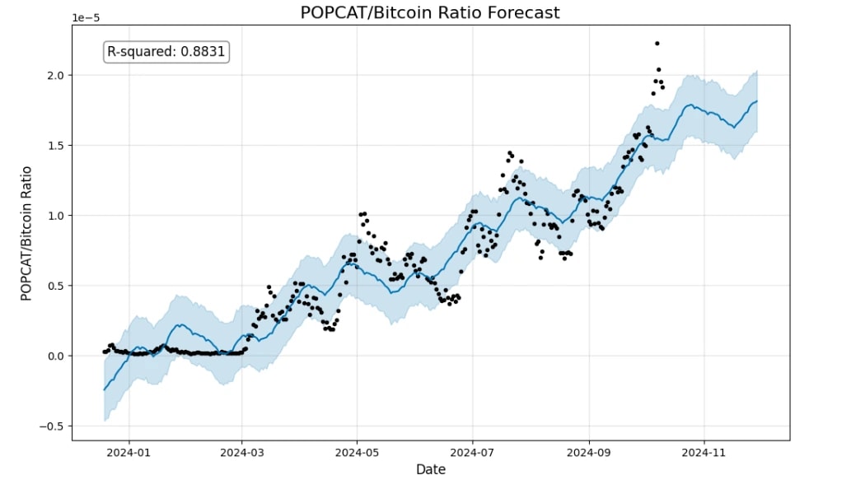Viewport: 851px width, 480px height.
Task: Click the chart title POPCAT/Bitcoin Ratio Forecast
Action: [429, 12]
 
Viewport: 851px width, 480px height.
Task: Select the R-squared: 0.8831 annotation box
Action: [166, 52]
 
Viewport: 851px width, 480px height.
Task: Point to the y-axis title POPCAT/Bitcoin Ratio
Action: [26, 233]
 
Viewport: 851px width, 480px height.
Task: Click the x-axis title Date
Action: [430, 469]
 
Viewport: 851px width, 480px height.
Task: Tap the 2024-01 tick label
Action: [128, 451]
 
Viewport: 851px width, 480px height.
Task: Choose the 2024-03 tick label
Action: [242, 451]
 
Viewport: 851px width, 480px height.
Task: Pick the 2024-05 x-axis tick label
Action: [357, 451]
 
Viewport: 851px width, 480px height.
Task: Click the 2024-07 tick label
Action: [473, 451]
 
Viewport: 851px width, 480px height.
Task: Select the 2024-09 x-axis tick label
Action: [590, 451]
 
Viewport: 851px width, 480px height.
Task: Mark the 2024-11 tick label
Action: [705, 451]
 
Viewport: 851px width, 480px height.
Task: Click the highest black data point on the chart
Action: [657, 43]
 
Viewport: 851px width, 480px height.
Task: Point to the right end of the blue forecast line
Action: [757, 101]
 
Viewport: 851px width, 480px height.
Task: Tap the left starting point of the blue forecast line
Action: [105, 389]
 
